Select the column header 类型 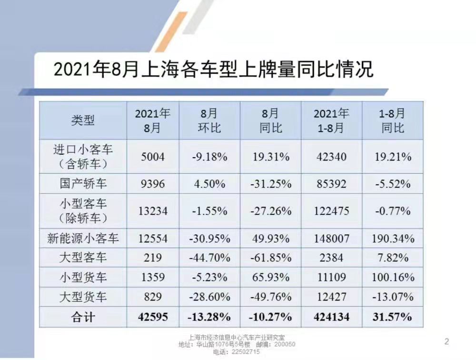tap(83, 120)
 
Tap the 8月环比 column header tap(209, 120)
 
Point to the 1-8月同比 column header tap(393, 120)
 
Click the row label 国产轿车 tap(83, 183)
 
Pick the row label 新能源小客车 tap(83, 238)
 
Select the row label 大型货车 tap(83, 297)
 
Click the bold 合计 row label tap(83, 317)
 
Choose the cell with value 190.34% tap(393, 238)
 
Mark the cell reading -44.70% tap(209, 258)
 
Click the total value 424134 tap(331, 317)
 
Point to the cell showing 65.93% tap(270, 277)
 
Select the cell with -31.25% tap(270, 183)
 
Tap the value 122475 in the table tap(331, 210)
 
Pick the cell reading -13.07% tap(393, 297)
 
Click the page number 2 tap(446, 341)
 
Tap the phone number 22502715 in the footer tap(243, 352)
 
